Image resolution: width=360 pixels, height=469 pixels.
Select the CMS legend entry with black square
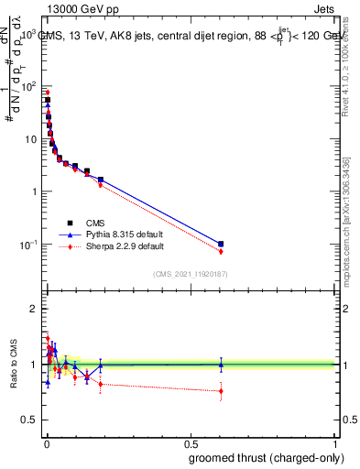coord(82,223)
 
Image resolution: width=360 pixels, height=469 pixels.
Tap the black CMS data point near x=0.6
coord(221,244)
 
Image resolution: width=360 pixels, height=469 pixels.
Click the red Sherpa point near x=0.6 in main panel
coord(221,251)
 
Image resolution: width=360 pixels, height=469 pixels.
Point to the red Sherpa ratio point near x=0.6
coord(221,391)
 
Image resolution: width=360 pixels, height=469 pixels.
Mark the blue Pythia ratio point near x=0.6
coord(221,365)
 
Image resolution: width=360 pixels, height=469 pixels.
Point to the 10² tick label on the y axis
coord(27,86)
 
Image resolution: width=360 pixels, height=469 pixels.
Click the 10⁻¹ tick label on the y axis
coord(27,245)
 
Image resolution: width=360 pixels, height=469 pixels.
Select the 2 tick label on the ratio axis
coord(34,309)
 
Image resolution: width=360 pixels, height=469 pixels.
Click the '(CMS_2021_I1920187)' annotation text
coord(190,275)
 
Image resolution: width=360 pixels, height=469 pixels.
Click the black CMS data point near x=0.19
coord(101,180)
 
